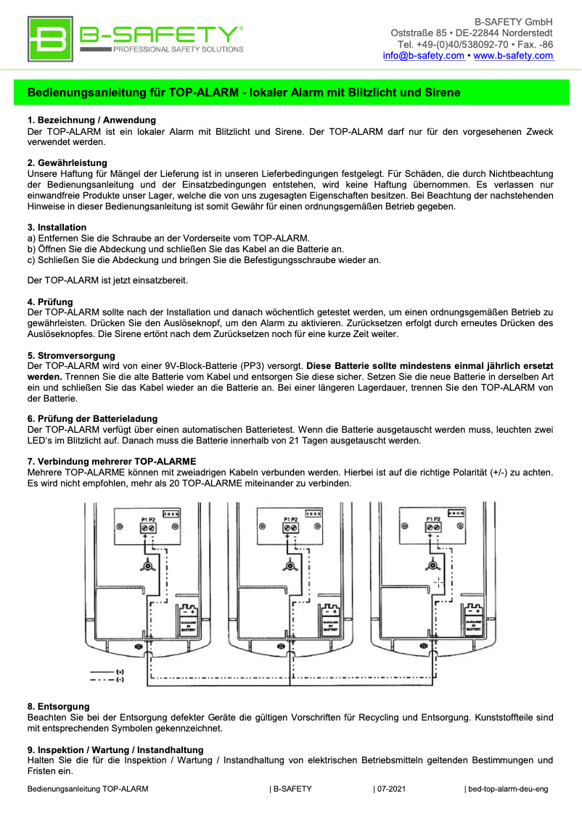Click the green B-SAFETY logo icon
[50, 40]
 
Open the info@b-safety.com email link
[424, 56]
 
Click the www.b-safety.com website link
[513, 56]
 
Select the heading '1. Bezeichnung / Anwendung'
[91, 120]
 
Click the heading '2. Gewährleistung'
[67, 162]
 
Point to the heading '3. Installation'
[57, 227]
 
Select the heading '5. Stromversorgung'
[71, 355]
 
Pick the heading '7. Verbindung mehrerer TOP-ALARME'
[112, 462]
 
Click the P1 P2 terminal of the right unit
[433, 526]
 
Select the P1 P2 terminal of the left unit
[147, 526]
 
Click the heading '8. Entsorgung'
[59, 706]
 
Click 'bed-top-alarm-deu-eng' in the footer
[507, 789]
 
